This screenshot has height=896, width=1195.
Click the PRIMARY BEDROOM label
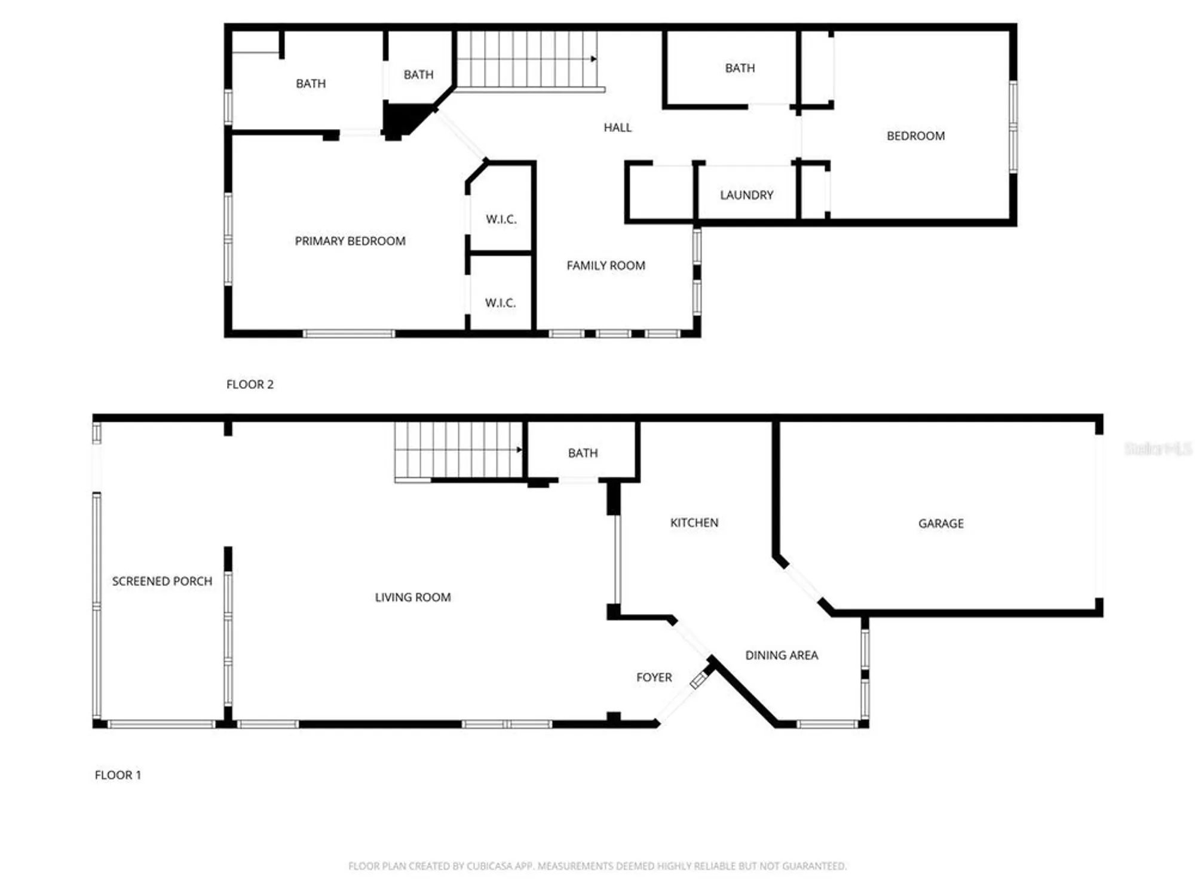point(350,241)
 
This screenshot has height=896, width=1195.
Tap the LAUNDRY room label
point(746,195)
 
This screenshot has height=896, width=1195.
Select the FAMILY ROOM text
point(606,265)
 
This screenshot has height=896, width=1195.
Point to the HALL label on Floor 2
point(617,127)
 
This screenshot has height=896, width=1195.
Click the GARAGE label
point(940,523)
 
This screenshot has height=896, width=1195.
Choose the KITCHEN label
point(694,523)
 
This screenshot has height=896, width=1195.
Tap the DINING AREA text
point(781,655)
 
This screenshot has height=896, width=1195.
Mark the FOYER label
point(654,677)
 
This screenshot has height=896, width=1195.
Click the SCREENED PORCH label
point(162,581)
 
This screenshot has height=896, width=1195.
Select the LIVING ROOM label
point(412,597)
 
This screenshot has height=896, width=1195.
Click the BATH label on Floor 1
point(583,453)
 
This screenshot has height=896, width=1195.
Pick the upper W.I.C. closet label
point(501,219)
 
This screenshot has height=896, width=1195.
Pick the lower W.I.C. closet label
point(500,303)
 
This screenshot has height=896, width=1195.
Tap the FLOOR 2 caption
point(250,384)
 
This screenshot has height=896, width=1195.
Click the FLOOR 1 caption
point(118,775)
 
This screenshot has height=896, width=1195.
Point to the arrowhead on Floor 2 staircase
point(593,59)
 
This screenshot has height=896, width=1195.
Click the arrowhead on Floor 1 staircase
point(519,450)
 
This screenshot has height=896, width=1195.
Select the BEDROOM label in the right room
point(915,136)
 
